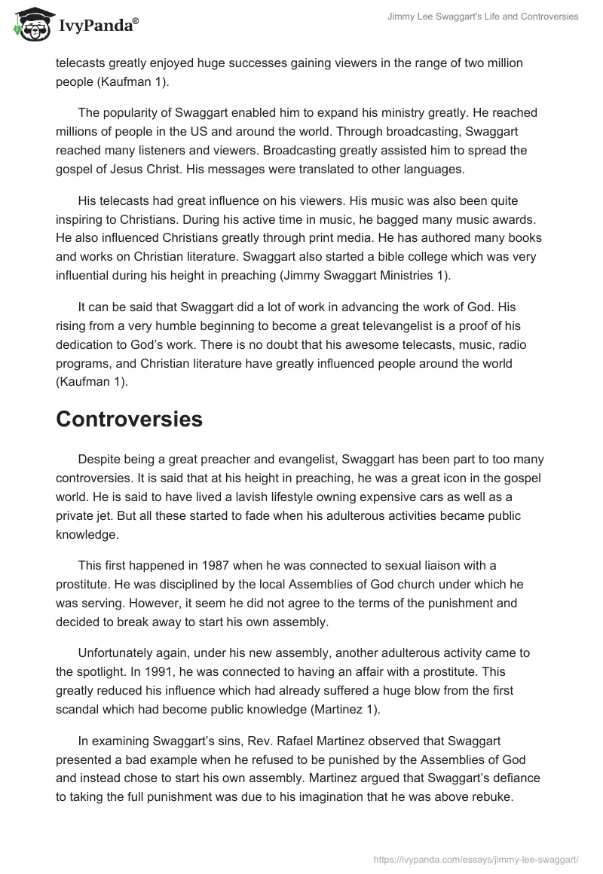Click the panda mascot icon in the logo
tap(29, 26)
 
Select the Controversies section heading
tap(129, 419)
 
